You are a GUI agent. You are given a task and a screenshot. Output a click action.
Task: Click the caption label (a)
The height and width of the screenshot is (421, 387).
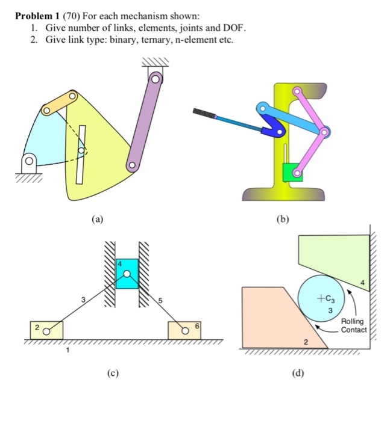coord(98,220)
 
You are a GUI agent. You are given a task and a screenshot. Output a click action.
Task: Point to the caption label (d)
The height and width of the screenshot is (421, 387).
coord(298,373)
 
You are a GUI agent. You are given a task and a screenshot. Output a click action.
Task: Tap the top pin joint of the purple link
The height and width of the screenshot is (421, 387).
coord(156,78)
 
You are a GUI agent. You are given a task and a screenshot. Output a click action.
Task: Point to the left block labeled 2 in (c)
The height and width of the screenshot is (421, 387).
coord(46,330)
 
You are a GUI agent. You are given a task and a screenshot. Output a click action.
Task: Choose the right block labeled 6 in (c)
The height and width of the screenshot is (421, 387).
coord(184,330)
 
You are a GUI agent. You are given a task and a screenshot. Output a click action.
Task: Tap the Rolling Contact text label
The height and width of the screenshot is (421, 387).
coord(353,326)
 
